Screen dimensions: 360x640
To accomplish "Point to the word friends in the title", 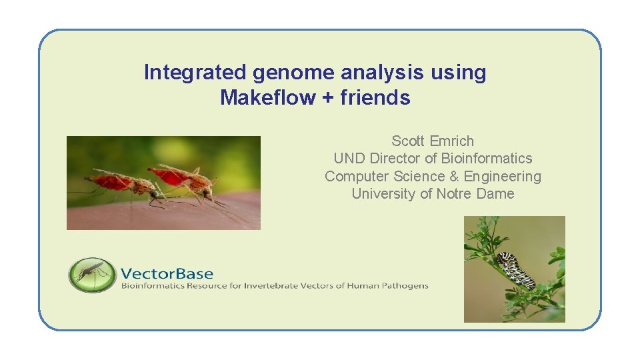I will pyautogui.click(x=375, y=98).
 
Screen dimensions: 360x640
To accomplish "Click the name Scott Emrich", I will pyautogui.click(x=433, y=141).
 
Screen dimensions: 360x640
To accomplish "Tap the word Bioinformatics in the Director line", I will pyautogui.click(x=487, y=159).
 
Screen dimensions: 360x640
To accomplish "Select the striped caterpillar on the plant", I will pyautogui.click(x=517, y=269).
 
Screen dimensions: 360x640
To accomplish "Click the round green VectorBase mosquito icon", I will pyautogui.click(x=91, y=274).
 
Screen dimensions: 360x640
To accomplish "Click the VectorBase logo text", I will pyautogui.click(x=167, y=273).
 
